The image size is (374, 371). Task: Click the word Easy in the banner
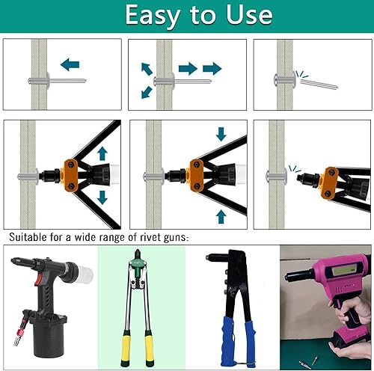coord(153,16)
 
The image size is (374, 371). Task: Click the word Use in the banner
coord(249,14)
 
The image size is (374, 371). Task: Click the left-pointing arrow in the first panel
coord(70,64)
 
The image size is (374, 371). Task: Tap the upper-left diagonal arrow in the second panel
coord(147,69)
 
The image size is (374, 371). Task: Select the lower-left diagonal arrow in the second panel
coord(147,92)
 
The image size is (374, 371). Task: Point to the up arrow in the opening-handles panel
coord(102,153)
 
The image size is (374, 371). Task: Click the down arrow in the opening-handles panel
coord(102,197)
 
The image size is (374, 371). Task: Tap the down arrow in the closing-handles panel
coord(221,134)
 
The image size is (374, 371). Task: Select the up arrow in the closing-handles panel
coord(221,216)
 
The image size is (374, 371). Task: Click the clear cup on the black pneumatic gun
coord(85,273)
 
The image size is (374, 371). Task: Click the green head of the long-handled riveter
coord(137,269)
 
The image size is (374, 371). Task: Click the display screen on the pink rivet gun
coord(343,269)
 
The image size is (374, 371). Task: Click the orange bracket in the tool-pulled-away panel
coord(330,183)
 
